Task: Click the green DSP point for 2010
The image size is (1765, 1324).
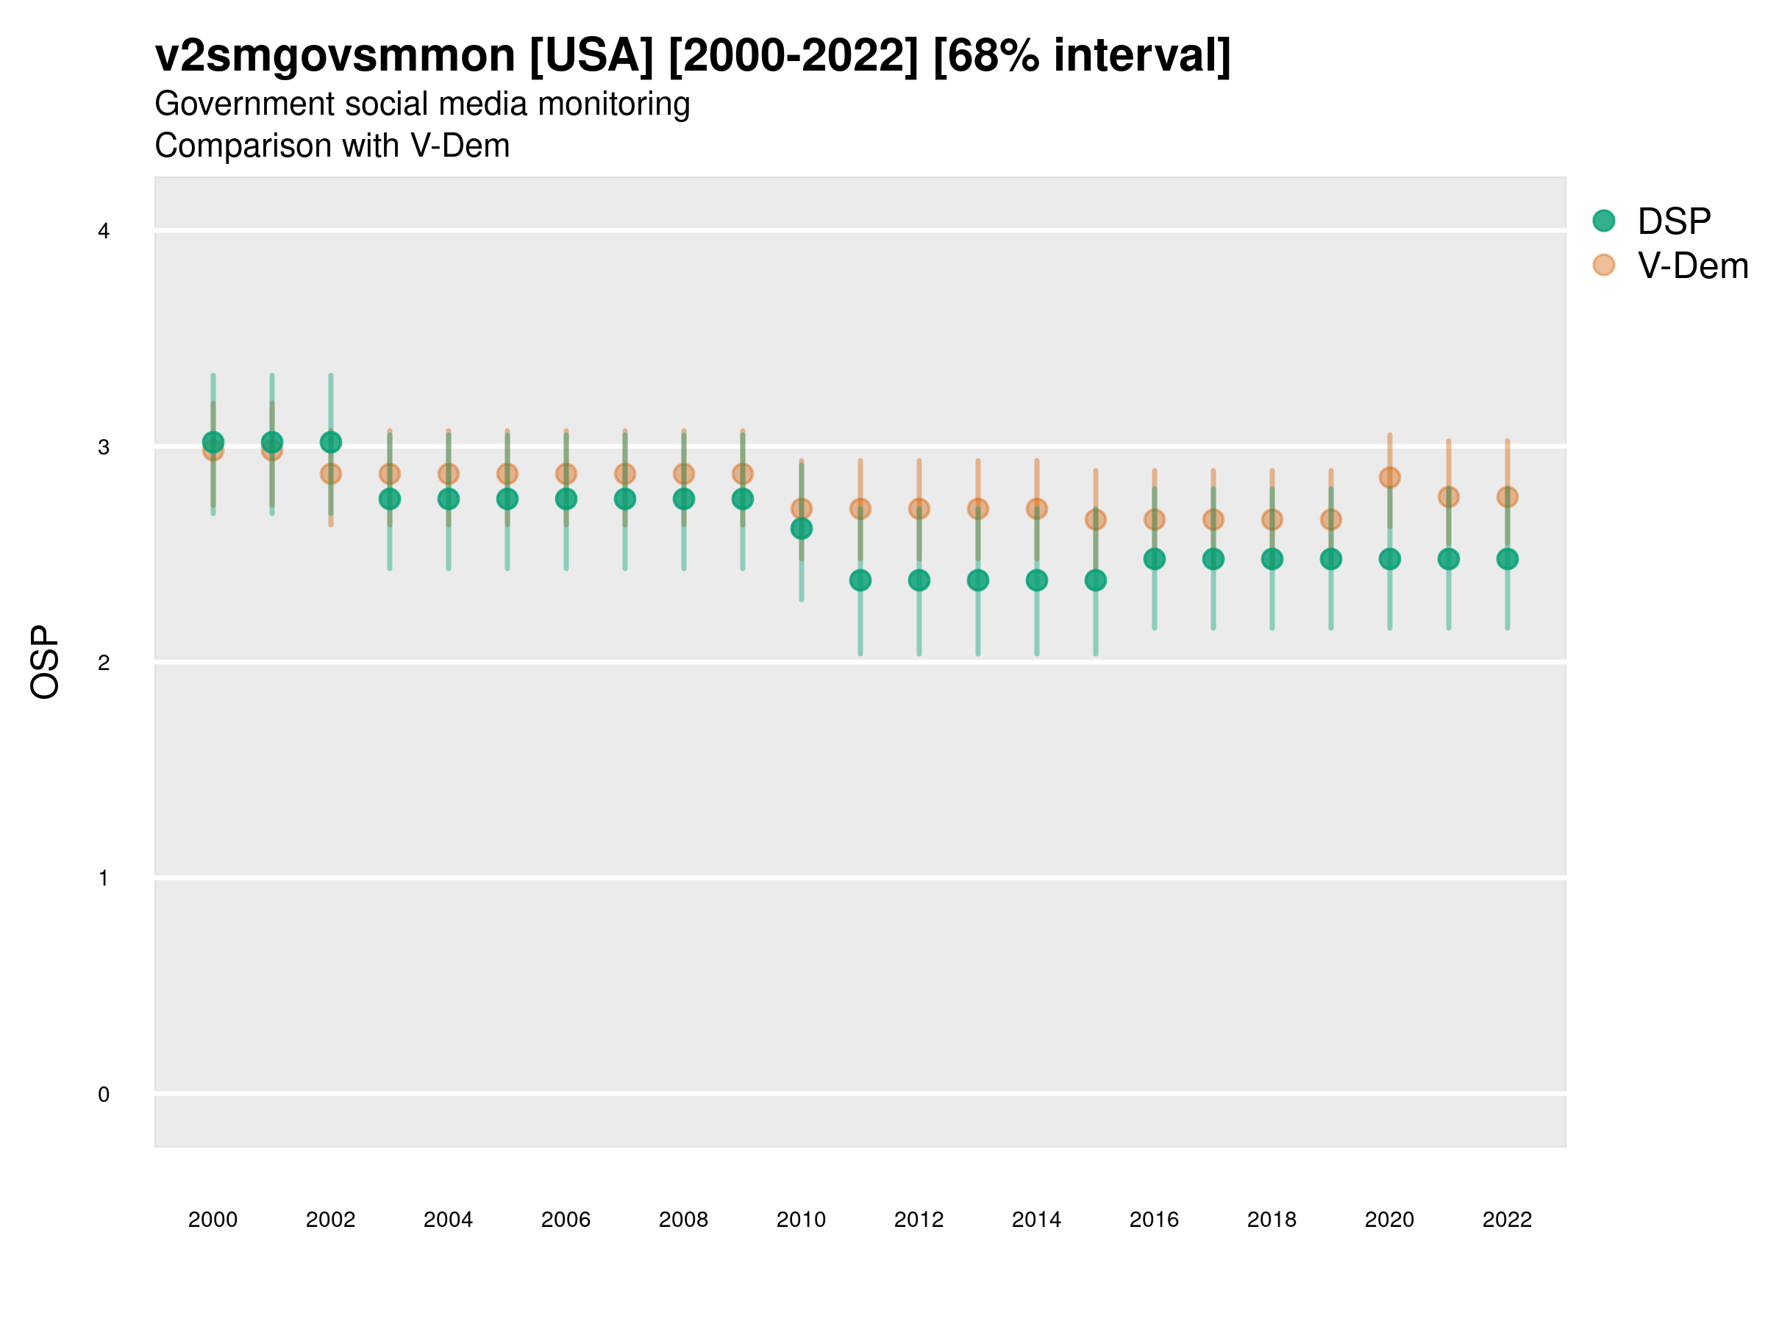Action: pyautogui.click(x=801, y=528)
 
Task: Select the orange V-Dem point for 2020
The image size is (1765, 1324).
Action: pyautogui.click(x=1389, y=477)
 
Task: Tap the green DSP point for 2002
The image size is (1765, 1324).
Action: pyautogui.click(x=330, y=442)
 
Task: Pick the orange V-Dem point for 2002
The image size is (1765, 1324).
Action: pyautogui.click(x=330, y=474)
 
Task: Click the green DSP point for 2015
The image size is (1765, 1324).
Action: pyautogui.click(x=1096, y=580)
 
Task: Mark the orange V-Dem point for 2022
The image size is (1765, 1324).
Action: pyautogui.click(x=1508, y=497)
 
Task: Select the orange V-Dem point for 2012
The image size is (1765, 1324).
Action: pyautogui.click(x=919, y=508)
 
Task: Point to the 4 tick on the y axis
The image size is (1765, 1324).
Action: pyautogui.click(x=104, y=232)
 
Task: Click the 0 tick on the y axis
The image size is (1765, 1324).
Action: pyautogui.click(x=104, y=1095)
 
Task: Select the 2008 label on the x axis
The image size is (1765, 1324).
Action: pyautogui.click(x=684, y=1220)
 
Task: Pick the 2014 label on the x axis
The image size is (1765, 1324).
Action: pyautogui.click(x=1036, y=1220)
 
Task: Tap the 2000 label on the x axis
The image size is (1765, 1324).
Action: pyautogui.click(x=213, y=1220)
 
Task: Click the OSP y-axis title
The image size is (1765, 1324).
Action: pyautogui.click(x=45, y=663)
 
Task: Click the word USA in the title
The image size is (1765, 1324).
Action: pyautogui.click(x=591, y=56)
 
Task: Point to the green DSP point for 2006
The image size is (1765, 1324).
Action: pyautogui.click(x=566, y=499)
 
